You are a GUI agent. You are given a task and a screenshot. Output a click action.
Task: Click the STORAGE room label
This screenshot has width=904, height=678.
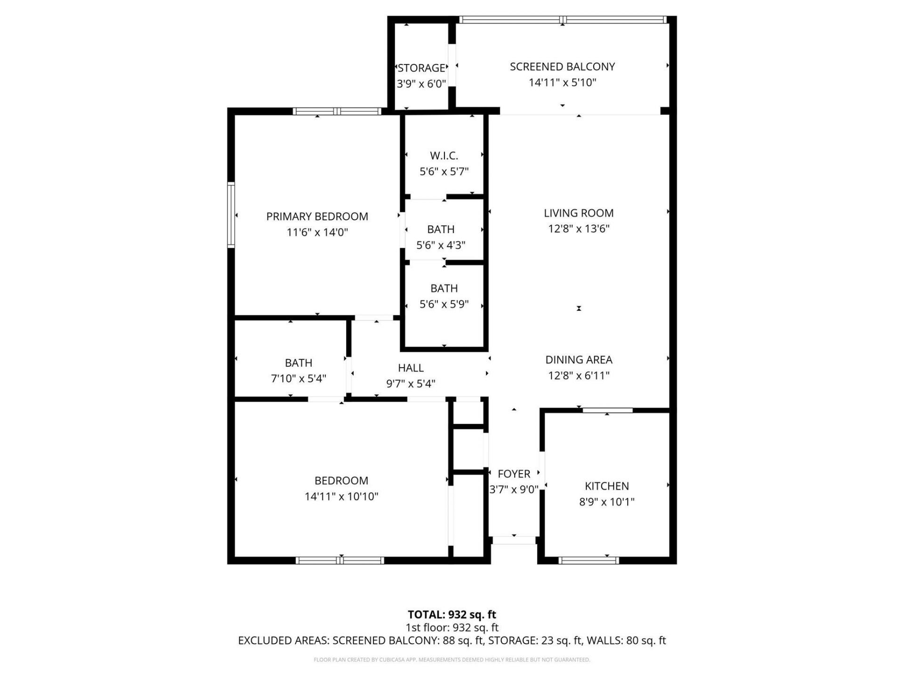pos(421,68)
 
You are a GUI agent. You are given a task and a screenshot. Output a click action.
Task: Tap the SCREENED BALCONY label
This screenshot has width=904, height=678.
pos(562,66)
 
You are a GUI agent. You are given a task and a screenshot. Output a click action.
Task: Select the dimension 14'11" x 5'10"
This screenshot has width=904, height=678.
pos(562,82)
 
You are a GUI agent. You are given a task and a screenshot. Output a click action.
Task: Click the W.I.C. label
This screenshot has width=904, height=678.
pos(444,155)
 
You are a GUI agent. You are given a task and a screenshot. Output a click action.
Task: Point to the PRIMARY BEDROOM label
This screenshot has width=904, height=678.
pos(317,216)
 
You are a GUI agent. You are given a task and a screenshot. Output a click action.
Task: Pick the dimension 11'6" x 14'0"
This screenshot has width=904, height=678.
pos(317,232)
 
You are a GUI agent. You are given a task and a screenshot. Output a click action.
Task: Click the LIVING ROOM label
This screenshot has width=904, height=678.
pos(578,213)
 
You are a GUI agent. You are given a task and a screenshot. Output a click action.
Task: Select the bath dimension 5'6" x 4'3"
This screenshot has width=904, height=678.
pos(441,245)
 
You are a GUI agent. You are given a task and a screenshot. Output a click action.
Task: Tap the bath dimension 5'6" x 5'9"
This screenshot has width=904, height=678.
pos(444,304)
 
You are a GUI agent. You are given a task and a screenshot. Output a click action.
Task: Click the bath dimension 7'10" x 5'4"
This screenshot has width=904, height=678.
pos(298,379)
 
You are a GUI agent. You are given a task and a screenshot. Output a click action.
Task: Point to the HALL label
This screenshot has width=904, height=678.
pos(411,368)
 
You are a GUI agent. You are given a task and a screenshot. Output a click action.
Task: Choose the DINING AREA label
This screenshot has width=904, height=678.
pos(578,360)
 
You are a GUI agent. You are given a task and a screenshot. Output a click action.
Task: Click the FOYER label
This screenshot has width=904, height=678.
pos(514,474)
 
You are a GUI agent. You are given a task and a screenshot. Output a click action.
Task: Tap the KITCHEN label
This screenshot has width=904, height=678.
pos(606,486)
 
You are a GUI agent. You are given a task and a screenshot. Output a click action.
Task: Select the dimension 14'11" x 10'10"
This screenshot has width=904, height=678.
pos(341,496)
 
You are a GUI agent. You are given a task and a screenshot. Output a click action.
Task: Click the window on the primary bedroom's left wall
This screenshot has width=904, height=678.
pos(231,215)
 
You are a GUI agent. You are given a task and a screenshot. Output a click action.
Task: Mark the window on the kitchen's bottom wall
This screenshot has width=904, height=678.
pos(588,560)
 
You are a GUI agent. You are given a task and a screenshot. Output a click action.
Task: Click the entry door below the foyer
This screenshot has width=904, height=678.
pos(514,541)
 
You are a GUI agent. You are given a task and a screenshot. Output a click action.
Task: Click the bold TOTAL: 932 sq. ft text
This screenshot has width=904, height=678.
pos(452,614)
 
